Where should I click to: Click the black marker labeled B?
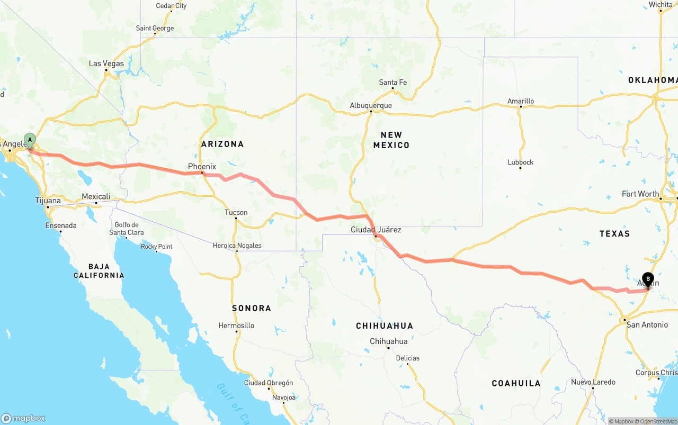click(648, 279)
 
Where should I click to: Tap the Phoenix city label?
click(202, 166)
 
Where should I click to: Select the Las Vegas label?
click(106, 64)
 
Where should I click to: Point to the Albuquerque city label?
click(371, 105)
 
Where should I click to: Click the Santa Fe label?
click(392, 82)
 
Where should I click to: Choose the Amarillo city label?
click(521, 101)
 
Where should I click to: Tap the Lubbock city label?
click(520, 162)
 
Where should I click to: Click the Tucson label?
click(236, 212)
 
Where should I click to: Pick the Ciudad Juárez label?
click(376, 230)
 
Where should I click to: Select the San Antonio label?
click(647, 324)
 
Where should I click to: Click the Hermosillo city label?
click(236, 325)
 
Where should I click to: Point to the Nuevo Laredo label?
click(593, 382)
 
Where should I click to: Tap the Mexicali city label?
click(96, 196)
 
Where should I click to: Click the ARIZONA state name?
click(222, 144)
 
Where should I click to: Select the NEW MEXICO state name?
click(391, 140)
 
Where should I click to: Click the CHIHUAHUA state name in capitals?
click(384, 326)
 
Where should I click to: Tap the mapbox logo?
click(24, 418)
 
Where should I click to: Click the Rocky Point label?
click(156, 246)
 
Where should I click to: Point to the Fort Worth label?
click(640, 194)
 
